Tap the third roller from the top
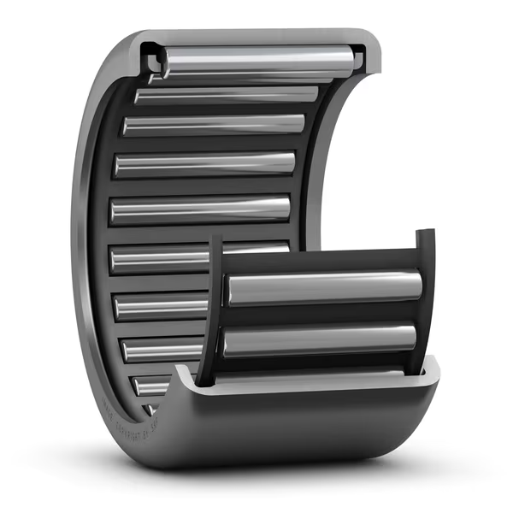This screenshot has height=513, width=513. coord(214,125)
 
